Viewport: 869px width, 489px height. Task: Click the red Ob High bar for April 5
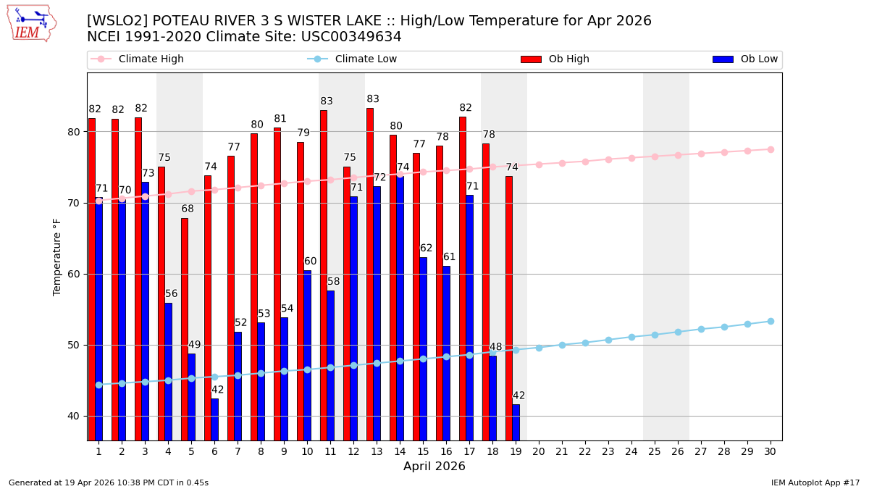point(185,329)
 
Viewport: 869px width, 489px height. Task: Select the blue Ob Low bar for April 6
point(214,419)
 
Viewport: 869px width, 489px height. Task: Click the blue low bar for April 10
point(307,355)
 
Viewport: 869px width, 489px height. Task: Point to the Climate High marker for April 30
point(771,149)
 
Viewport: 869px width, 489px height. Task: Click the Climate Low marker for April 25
point(655,335)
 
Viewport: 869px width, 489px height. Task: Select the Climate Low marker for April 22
point(585,343)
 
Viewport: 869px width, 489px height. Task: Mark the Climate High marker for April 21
point(562,163)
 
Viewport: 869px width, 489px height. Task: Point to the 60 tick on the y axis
point(75,274)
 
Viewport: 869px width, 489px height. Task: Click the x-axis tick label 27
point(701,451)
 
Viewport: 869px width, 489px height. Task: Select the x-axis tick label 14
point(400,451)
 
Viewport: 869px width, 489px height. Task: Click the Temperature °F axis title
point(58,256)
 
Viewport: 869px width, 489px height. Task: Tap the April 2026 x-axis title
point(434,467)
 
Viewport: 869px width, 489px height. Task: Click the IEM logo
point(30,23)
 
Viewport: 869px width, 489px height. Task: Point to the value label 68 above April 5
point(188,209)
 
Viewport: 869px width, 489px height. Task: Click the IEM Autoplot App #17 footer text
point(815,482)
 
